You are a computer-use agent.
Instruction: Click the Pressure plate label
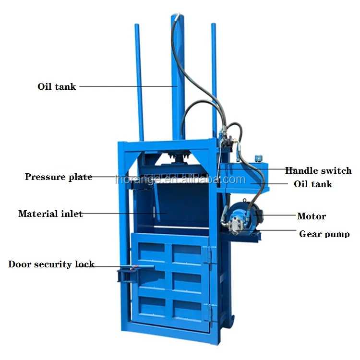59,177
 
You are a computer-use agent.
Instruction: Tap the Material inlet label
50,214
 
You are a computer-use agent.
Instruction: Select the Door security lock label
51,264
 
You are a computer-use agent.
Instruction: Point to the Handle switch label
318,170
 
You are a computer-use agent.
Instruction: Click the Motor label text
312,216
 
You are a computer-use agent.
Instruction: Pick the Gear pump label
324,234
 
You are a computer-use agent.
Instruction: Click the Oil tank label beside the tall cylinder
57,87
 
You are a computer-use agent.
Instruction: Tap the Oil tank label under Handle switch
313,184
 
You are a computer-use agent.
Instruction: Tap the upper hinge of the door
207,255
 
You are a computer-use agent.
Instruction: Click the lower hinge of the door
209,313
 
